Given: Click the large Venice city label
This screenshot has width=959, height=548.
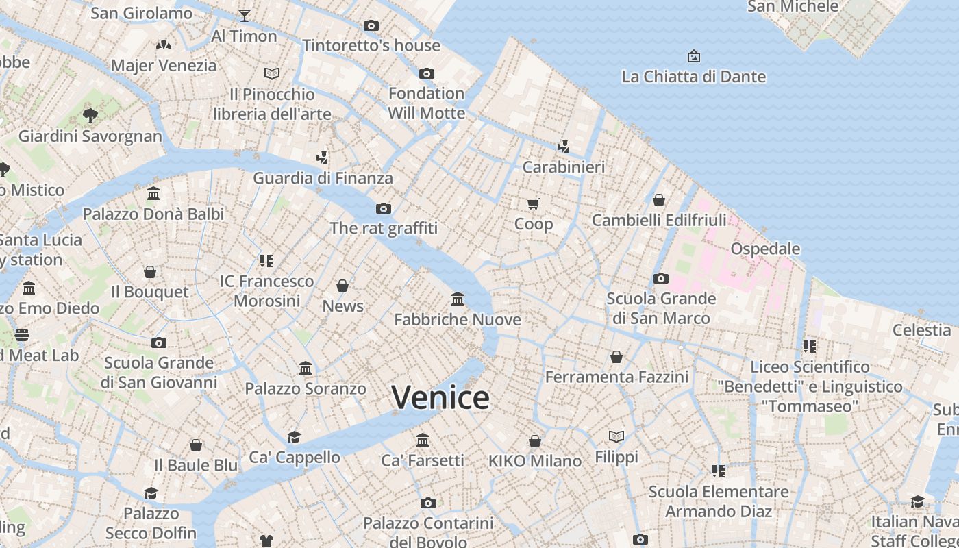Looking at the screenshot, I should [440, 397].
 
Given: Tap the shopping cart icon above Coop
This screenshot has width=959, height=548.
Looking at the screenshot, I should [534, 203].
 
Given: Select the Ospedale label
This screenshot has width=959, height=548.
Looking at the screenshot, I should [765, 248].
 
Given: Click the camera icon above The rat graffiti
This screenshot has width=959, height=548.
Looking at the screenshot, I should [384, 208].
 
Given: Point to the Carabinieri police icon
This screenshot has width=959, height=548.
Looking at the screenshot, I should [563, 147].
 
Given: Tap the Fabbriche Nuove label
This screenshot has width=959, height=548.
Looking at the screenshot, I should [458, 319].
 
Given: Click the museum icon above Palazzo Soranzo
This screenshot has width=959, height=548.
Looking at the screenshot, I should [306, 369].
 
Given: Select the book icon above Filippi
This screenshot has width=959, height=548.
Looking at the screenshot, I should [616, 436].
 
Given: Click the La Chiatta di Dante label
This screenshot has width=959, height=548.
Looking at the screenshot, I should [693, 76].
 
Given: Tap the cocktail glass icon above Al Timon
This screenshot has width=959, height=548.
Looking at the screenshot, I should [245, 15].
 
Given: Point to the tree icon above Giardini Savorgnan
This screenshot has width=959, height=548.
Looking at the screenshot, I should [90, 115].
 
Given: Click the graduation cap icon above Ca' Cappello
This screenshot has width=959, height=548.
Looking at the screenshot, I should [295, 437].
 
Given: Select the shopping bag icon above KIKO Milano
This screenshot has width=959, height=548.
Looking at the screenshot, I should [535, 441].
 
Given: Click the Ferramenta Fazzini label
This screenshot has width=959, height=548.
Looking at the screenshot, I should [616, 377].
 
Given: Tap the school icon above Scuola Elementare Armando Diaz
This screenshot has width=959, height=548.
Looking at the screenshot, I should [719, 471].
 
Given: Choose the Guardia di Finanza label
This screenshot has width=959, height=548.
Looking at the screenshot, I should [323, 178].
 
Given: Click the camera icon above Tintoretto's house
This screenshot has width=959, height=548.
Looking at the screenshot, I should [371, 25].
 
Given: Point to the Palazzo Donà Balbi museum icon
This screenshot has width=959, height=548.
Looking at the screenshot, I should [153, 194].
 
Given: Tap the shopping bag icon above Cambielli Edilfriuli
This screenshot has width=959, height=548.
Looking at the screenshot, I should [658, 200].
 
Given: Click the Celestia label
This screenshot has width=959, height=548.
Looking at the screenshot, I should [921, 329].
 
